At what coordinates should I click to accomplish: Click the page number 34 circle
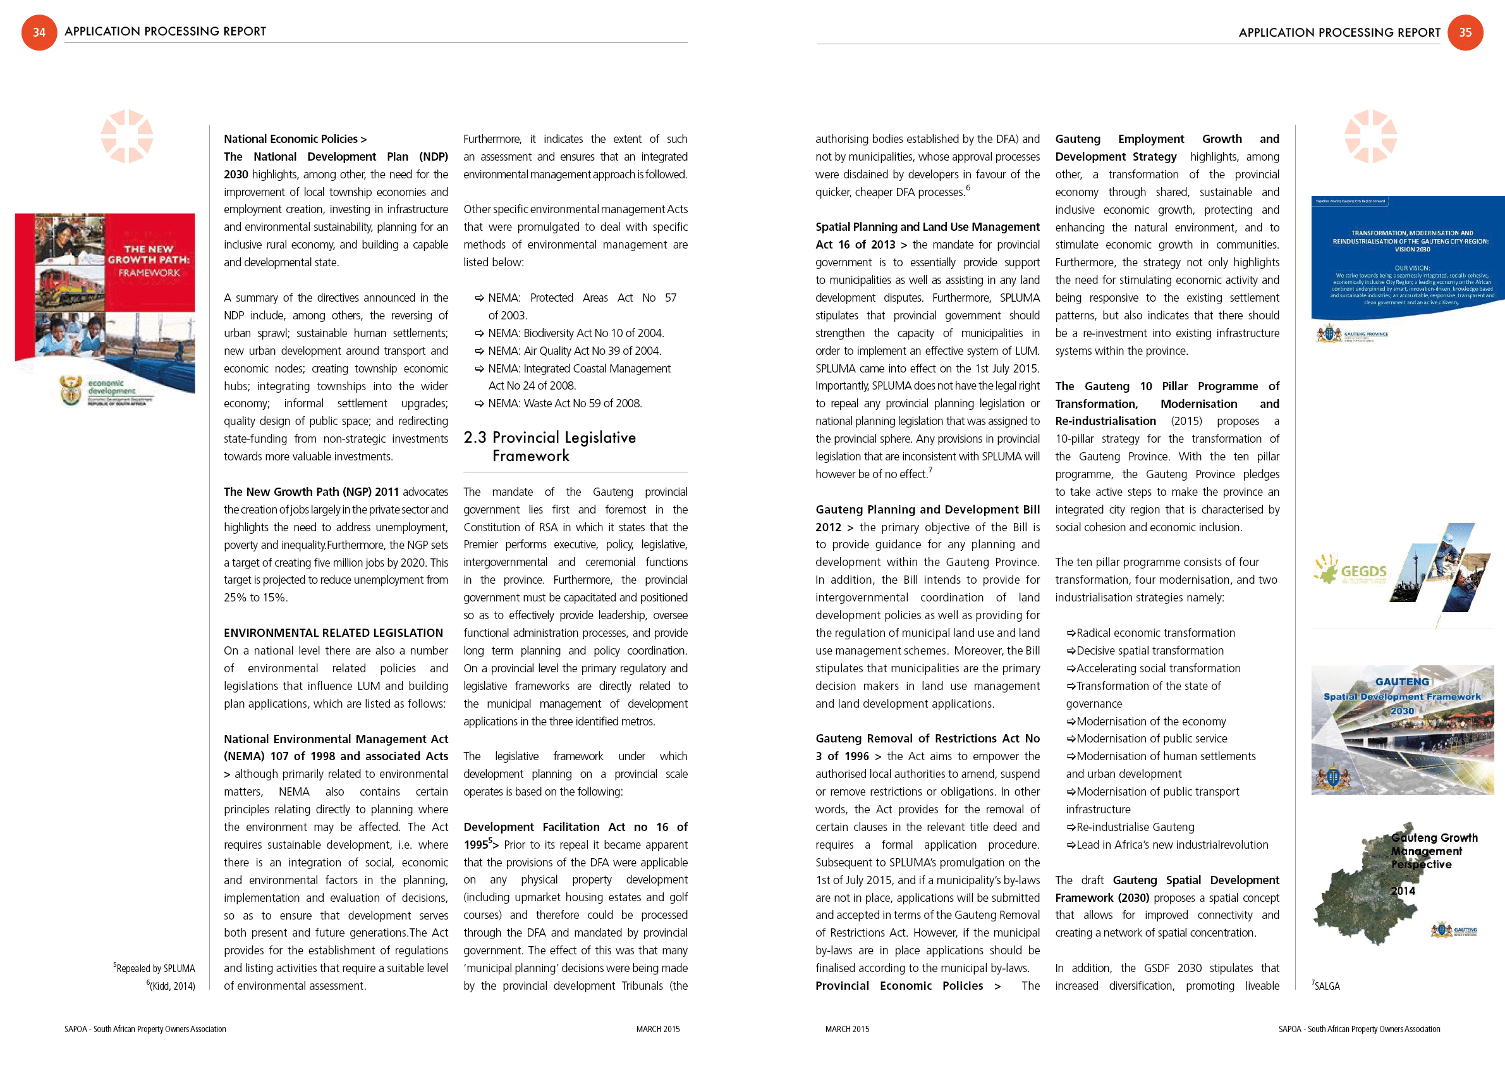(x=39, y=32)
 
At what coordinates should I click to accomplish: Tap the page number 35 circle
(x=1465, y=32)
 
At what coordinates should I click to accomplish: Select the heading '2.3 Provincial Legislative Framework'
(x=549, y=446)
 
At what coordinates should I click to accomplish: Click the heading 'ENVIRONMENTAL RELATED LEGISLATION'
(x=333, y=633)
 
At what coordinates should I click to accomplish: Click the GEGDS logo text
(x=1363, y=571)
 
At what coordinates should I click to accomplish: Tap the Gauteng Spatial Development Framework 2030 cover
(x=1402, y=729)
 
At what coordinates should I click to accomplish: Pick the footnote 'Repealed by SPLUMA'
(x=155, y=969)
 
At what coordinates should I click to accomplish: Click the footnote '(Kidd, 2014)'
(x=171, y=987)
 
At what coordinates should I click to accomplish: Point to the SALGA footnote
(x=1326, y=987)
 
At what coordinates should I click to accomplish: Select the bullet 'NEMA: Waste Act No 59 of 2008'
(x=564, y=403)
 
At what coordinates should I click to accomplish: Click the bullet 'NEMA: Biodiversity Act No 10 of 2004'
(x=575, y=333)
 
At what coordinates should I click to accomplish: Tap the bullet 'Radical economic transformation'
(x=1155, y=633)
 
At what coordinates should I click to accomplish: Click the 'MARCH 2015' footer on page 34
(x=657, y=1029)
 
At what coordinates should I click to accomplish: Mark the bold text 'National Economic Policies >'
(x=295, y=139)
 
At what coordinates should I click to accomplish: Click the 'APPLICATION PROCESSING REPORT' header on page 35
(x=1339, y=32)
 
